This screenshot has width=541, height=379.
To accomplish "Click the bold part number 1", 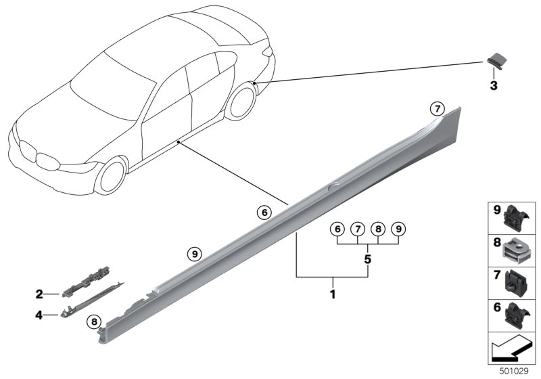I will click(x=332, y=295).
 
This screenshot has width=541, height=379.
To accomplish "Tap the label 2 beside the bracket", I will click(x=39, y=294).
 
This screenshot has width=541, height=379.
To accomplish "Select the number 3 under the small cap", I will click(x=493, y=86).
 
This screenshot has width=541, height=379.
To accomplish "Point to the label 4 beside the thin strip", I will click(x=39, y=314).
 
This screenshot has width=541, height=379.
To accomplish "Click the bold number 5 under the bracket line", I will click(x=367, y=259).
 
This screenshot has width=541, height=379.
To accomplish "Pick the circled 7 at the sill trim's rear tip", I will click(x=438, y=108).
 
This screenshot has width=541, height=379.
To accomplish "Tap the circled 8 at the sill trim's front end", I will click(x=94, y=322).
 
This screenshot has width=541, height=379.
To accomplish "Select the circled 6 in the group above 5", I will click(x=336, y=229).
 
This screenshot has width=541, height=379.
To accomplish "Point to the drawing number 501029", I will click(x=516, y=372).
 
